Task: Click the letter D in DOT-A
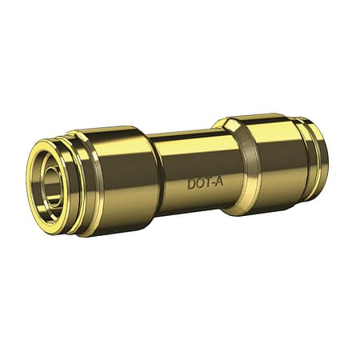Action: point(191,185)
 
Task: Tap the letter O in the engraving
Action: point(200,184)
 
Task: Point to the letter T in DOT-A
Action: point(207,183)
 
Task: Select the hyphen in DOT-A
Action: point(213,184)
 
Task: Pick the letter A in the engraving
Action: point(218,182)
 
